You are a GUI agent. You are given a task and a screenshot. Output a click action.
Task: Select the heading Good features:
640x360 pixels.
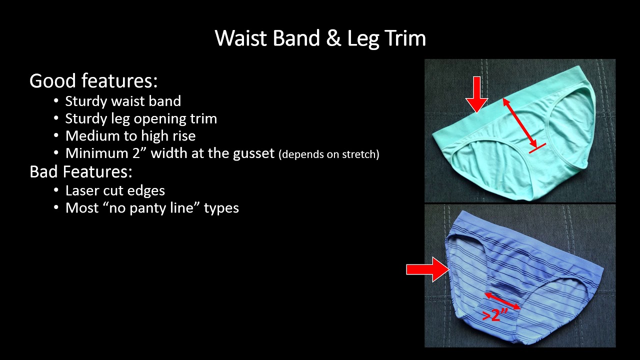93,81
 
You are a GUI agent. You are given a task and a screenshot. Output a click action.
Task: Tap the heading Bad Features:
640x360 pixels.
81,171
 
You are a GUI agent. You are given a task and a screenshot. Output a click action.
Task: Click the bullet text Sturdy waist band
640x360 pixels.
123,101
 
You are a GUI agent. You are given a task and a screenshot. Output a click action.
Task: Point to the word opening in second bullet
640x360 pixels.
164,118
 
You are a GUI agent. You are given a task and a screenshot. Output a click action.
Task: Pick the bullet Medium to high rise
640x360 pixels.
130,136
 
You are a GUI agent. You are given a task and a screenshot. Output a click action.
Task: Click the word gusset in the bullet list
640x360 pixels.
254,153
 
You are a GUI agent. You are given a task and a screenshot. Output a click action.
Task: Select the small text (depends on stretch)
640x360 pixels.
329,154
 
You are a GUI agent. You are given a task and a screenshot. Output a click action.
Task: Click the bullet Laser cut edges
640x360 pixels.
115,190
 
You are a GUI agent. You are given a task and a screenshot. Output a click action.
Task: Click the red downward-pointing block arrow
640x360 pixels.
476,94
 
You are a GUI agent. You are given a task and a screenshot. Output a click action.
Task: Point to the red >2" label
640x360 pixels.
495,315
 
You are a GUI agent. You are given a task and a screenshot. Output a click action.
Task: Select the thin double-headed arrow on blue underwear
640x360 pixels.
502,301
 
